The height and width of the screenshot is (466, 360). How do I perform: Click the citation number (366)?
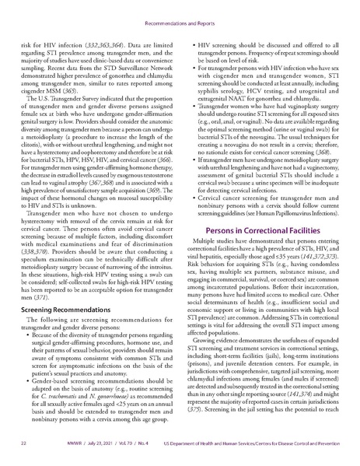pyautogui.click(x=162, y=179)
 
